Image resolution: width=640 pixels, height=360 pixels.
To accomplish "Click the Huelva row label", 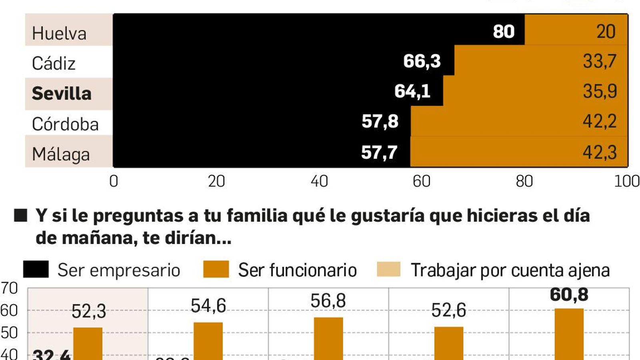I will click(59, 33).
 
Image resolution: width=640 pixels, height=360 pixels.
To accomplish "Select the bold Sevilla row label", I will click(62, 94).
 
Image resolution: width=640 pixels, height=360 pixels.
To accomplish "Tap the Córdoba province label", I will click(65, 124).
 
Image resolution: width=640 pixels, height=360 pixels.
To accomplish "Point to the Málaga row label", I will click(61, 154).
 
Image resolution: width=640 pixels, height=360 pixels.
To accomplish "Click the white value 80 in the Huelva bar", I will click(504, 32).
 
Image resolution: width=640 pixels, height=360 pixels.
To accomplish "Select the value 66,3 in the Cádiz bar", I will click(422, 61).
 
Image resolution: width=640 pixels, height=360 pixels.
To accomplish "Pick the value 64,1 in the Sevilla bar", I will click(412, 91).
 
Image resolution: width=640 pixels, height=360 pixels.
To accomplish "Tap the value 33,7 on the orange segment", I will click(599, 61).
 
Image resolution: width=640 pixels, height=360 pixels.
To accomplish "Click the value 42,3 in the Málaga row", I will click(599, 152).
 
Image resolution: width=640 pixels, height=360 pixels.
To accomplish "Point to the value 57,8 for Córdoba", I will click(380, 122).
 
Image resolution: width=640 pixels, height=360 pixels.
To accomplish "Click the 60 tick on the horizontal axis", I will click(422, 182).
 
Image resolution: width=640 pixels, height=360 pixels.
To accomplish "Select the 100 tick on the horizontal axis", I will click(627, 182).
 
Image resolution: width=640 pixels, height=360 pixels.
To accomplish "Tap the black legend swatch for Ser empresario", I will click(36, 269).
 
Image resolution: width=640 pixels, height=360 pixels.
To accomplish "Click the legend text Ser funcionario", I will click(297, 270).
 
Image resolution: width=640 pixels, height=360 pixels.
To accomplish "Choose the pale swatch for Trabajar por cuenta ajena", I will click(388, 269).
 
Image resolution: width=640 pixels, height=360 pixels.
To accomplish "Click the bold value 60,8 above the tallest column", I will click(569, 295).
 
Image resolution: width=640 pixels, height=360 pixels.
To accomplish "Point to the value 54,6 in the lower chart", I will click(208, 306).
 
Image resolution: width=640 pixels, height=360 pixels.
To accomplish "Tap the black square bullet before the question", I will click(20, 216).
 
